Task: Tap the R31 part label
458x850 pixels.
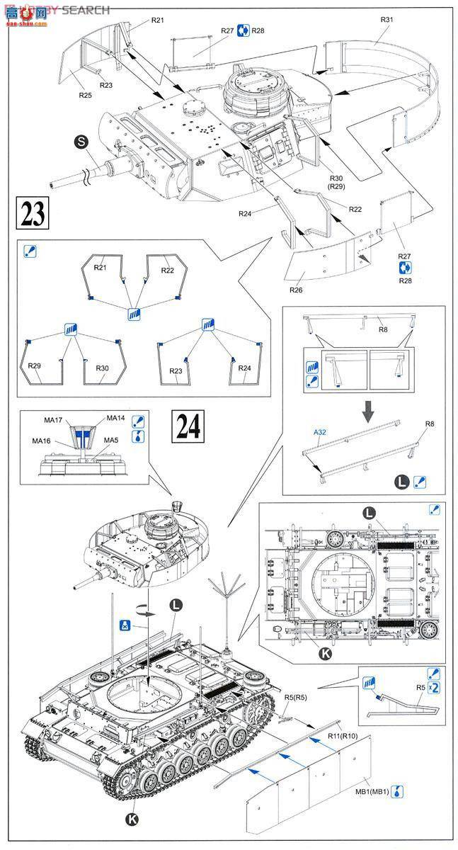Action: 386,20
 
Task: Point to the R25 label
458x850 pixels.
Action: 85,95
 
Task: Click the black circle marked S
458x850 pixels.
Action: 81,142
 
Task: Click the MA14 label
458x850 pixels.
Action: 115,419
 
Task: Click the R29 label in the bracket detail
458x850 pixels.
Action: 35,366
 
